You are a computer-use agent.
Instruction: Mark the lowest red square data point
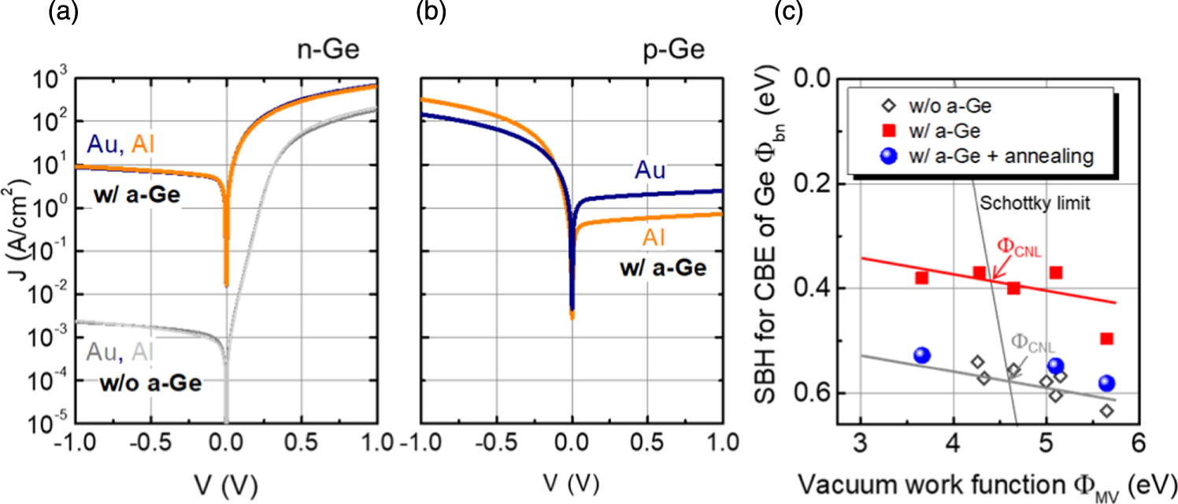tap(1106, 339)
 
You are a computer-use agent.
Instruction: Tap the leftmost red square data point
tap(921, 278)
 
